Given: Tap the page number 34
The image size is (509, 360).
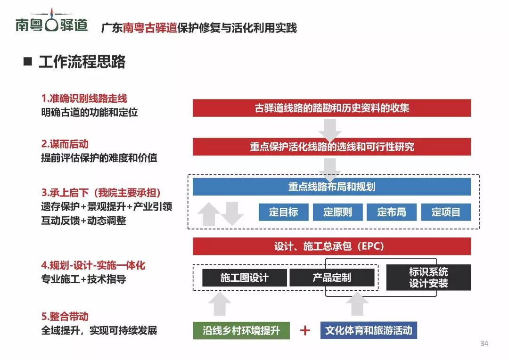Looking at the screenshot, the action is click(484, 343).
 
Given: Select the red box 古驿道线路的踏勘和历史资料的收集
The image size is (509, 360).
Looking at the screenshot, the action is click(332, 108).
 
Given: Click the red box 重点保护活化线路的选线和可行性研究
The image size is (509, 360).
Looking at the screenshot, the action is click(332, 147).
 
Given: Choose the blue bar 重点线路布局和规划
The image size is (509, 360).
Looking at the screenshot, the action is click(332, 187).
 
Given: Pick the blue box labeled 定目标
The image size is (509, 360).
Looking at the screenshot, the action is click(283, 212).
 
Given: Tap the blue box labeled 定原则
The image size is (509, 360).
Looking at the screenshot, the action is click(337, 212).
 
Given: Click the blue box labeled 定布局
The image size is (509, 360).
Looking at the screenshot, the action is click(392, 212).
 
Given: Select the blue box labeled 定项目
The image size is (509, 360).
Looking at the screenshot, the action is click(446, 212).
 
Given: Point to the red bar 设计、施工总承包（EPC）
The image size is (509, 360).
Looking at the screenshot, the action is click(332, 246).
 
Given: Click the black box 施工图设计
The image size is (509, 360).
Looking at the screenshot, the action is click(244, 278).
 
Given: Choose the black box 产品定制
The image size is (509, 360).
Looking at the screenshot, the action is click(332, 278).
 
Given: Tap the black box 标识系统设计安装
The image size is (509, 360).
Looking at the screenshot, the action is click(428, 278).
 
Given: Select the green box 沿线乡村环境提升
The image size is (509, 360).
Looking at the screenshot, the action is click(241, 330).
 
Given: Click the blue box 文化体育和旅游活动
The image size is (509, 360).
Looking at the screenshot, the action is click(369, 330).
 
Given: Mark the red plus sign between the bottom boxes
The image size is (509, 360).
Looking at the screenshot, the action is click(305, 330).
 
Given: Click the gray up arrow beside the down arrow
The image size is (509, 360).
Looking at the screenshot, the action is click(207, 214).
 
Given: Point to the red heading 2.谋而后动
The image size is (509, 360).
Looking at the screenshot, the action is click(65, 144).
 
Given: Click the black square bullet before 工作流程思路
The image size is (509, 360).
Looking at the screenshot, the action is click(28, 62).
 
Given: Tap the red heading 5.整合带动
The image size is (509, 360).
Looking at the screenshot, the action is click(65, 317).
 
